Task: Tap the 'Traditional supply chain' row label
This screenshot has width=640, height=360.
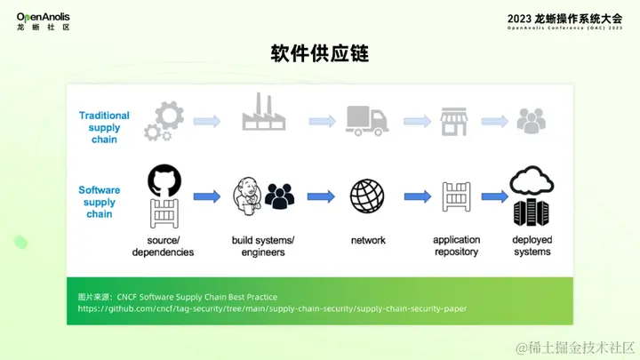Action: pyautogui.click(x=104, y=127)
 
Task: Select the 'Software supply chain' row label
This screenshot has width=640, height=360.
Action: pyautogui.click(x=100, y=202)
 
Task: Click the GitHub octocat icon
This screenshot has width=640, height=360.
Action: pyautogui.click(x=164, y=180)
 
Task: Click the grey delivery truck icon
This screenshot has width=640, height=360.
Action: pyautogui.click(x=366, y=121)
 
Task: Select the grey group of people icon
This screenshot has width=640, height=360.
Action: pyautogui.click(x=532, y=121)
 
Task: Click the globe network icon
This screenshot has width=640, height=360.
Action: pyautogui.click(x=366, y=197)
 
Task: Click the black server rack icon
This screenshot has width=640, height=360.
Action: pyautogui.click(x=532, y=212)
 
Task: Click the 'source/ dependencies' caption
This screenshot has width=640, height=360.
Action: pyautogui.click(x=163, y=246)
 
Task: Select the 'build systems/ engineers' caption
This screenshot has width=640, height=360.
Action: pyautogui.click(x=262, y=246)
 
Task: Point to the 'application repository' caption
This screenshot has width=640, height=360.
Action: pyautogui.click(x=456, y=246)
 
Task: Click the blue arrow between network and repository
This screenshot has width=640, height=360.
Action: pyautogui.click(x=415, y=197)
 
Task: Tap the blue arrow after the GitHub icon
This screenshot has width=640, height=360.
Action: pyautogui.click(x=206, y=197)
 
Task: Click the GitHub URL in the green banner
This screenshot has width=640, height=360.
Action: pyautogui.click(x=271, y=308)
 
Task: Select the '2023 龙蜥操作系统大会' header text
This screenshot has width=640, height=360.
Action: pyautogui.click(x=564, y=18)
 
